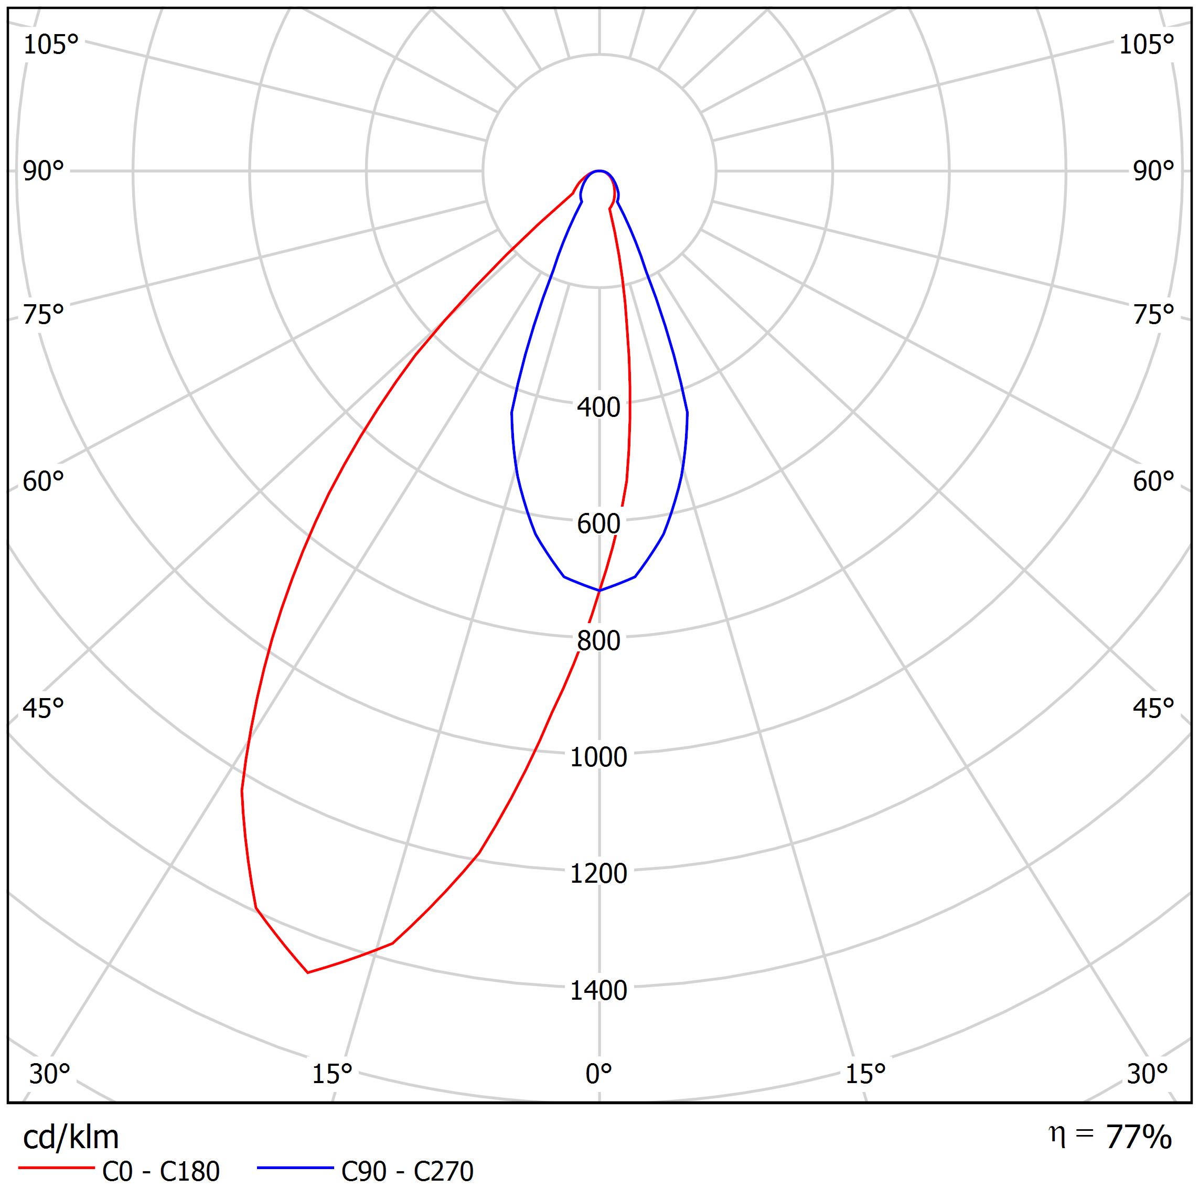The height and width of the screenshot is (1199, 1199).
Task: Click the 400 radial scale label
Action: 598,408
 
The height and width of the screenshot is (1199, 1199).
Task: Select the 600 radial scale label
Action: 598,524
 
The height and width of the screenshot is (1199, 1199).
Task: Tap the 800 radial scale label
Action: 598,641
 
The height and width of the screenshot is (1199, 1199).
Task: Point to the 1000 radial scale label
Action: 598,757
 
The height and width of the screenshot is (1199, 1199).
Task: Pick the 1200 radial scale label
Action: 598,874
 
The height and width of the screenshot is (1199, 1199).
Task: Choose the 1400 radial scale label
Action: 598,990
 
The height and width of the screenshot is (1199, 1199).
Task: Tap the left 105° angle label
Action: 51,45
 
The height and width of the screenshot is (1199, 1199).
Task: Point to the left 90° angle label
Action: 44,172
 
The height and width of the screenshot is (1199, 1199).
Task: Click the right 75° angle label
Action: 1153,315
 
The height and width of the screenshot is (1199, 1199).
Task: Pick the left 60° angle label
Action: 44,481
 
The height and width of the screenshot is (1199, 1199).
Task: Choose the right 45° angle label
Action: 1153,708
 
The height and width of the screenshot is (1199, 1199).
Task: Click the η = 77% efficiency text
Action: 1110,1137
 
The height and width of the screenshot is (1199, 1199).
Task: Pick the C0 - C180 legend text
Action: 160,1172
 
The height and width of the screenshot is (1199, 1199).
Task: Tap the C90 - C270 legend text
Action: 407,1172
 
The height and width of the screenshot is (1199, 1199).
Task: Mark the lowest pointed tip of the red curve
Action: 308,972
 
